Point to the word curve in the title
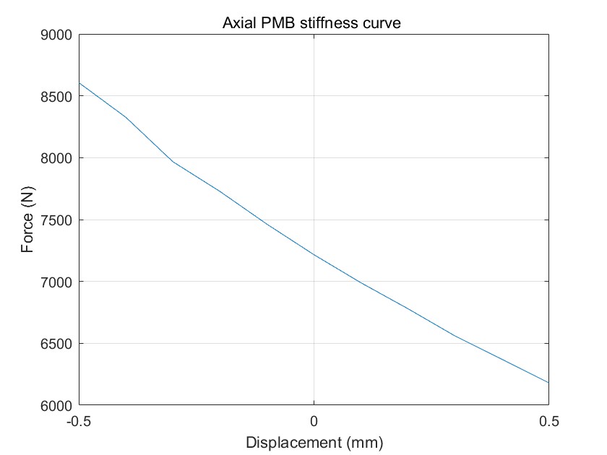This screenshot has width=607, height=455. point(381,24)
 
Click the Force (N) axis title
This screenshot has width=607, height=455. point(28,220)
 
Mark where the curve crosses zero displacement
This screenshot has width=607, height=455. point(314,255)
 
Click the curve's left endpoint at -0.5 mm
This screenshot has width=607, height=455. point(79,83)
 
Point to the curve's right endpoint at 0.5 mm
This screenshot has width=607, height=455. point(548,383)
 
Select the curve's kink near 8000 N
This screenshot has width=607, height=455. point(173,161)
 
